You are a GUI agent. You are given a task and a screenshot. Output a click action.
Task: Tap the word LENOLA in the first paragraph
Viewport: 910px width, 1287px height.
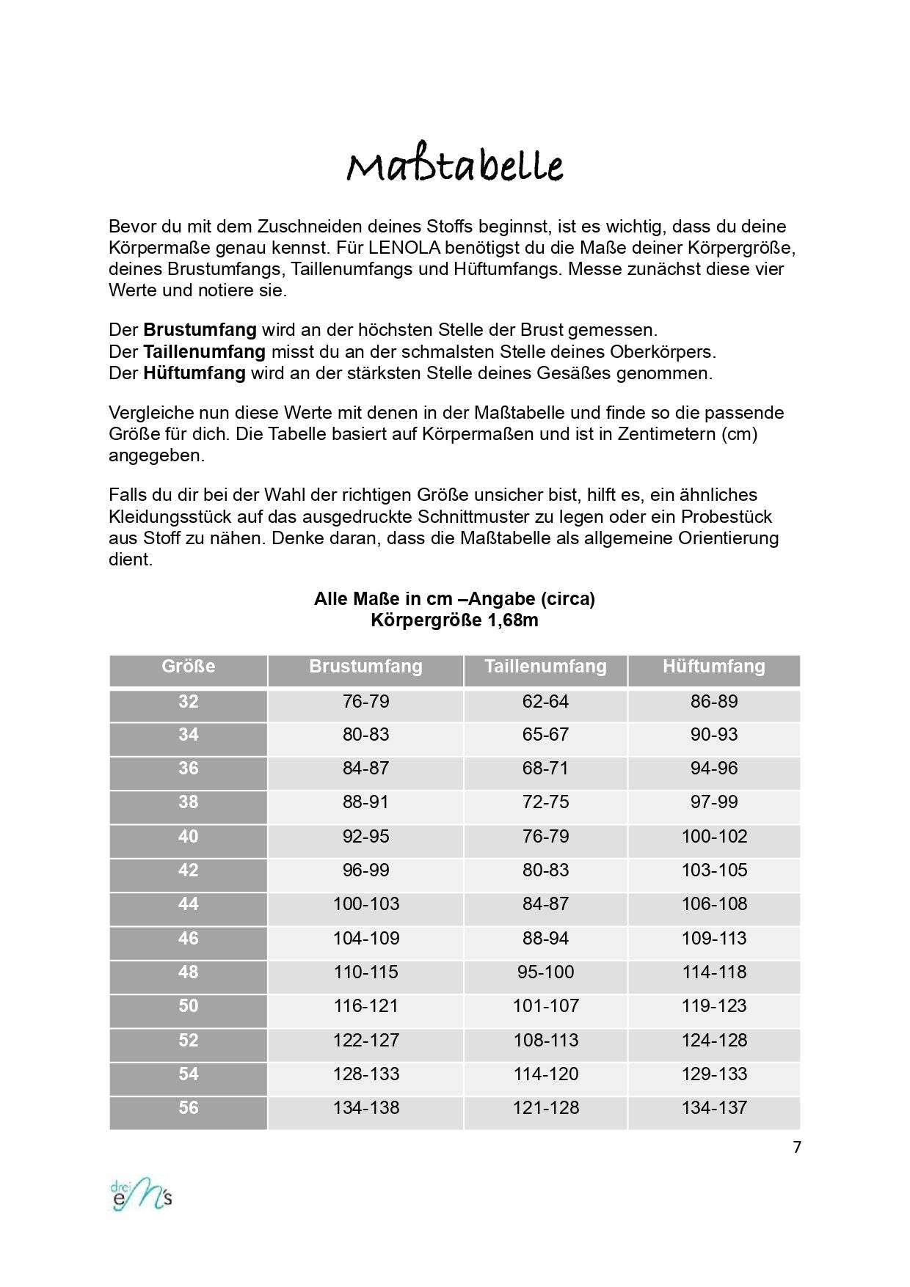[x=399, y=247]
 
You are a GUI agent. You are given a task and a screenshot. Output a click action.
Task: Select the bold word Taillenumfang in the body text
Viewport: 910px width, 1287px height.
[x=204, y=351]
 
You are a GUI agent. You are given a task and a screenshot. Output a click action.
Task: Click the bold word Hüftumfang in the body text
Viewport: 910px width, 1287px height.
[x=194, y=373]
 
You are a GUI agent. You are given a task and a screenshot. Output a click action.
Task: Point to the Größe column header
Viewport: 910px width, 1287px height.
[x=188, y=667]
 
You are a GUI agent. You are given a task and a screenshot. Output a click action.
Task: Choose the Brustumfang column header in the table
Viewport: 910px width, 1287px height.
[x=365, y=667]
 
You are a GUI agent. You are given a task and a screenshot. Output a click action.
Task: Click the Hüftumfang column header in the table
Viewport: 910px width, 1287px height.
[x=713, y=667]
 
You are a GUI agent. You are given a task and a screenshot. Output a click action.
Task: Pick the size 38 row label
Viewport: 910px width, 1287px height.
[x=188, y=802]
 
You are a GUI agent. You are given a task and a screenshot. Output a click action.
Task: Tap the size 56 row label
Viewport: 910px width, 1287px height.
[x=188, y=1107]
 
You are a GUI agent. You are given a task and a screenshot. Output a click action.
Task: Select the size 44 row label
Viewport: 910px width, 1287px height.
[x=188, y=904]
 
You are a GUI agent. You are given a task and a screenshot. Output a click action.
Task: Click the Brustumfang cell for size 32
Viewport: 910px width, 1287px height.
[x=365, y=702]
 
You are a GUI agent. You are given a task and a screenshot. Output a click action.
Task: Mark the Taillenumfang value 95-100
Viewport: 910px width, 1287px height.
[x=545, y=972]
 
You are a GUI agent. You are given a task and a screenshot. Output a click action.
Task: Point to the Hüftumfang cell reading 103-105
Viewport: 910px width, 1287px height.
[x=714, y=870]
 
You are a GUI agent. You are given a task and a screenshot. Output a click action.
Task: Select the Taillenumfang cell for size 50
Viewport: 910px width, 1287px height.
[x=545, y=1006]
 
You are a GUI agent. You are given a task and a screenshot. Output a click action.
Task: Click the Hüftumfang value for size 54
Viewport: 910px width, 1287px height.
[x=714, y=1074]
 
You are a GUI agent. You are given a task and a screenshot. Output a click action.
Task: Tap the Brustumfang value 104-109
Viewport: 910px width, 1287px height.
[x=365, y=939]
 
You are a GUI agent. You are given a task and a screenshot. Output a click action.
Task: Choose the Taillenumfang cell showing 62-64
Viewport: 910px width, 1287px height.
[x=545, y=702]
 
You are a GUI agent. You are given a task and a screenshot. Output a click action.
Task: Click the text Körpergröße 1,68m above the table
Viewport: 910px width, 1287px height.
[x=454, y=620]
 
